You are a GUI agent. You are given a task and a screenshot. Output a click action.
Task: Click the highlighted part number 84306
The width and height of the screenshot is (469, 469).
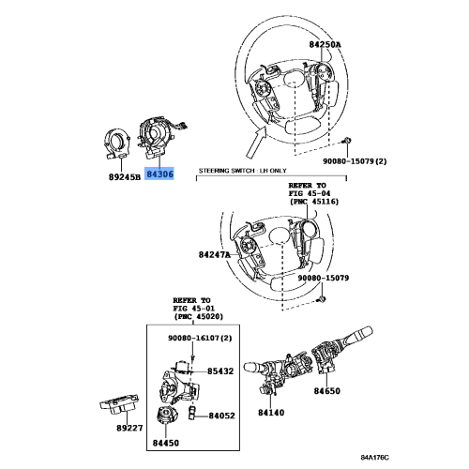click(x=168, y=175)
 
